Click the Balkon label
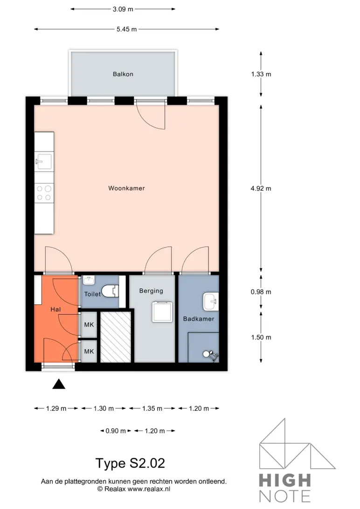123,74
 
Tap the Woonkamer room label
126,188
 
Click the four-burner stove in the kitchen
44,193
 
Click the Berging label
151,291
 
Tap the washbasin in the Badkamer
211,302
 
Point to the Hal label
56,309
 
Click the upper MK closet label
89,325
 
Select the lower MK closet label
89,351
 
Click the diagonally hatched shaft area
115,337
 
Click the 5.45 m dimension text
126,29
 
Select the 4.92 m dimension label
261,189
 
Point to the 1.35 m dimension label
152,408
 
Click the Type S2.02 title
130,463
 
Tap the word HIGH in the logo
284,480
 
